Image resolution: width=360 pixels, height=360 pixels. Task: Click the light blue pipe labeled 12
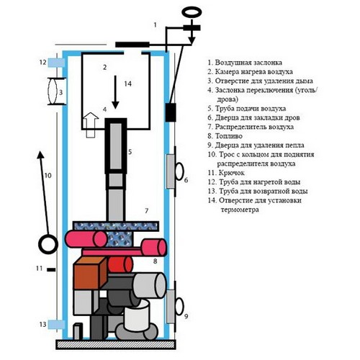pos(56,63)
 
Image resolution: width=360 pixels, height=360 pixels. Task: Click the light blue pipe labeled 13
pos(56,325)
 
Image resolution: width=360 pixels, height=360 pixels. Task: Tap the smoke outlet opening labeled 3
pos(53,91)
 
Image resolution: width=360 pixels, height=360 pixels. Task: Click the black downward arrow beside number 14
pos(115,92)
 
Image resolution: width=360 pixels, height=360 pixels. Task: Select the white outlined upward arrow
pos(91,125)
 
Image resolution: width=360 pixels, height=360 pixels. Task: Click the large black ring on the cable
pos(48,245)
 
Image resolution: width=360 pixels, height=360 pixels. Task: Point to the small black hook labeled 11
pos(51,269)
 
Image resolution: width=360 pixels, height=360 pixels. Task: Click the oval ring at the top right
pos(192,12)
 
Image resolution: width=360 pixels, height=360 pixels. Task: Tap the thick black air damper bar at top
pos(132,45)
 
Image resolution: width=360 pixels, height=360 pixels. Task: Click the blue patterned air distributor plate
pos(116,226)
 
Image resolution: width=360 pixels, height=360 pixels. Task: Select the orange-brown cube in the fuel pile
pos(90,273)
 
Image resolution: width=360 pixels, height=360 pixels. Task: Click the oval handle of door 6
pos(179,171)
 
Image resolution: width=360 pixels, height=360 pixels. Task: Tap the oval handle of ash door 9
pos(179,306)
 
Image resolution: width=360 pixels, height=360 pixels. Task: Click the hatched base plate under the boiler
pos(116,344)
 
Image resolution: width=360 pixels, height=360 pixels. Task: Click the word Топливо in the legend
pos(229,136)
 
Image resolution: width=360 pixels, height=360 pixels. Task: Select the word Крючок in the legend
pos(232,173)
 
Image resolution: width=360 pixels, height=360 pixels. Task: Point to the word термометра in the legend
pos(240,210)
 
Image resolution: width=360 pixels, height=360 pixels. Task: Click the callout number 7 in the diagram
pos(147,211)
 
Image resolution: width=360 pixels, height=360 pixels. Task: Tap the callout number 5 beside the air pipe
pos(130,152)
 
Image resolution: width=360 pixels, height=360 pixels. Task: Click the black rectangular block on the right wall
pos(171,112)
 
